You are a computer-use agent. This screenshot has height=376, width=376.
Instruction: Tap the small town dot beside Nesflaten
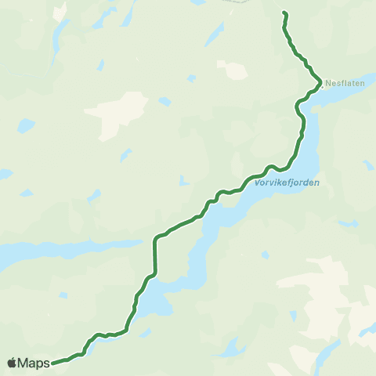[x=322, y=86]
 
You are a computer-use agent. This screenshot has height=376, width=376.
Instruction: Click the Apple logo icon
[x=12, y=363]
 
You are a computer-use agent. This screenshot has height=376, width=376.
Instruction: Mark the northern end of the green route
[x=284, y=13]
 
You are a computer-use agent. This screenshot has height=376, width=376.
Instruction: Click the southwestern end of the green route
[x=53, y=363]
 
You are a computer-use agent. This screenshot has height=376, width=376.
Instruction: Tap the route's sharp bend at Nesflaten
[x=320, y=83]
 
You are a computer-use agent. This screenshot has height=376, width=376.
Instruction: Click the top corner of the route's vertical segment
[x=155, y=239]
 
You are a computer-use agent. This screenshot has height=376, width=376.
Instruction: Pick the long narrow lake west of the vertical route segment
[x=47, y=252]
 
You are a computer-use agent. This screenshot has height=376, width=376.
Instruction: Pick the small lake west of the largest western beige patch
[x=27, y=125]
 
